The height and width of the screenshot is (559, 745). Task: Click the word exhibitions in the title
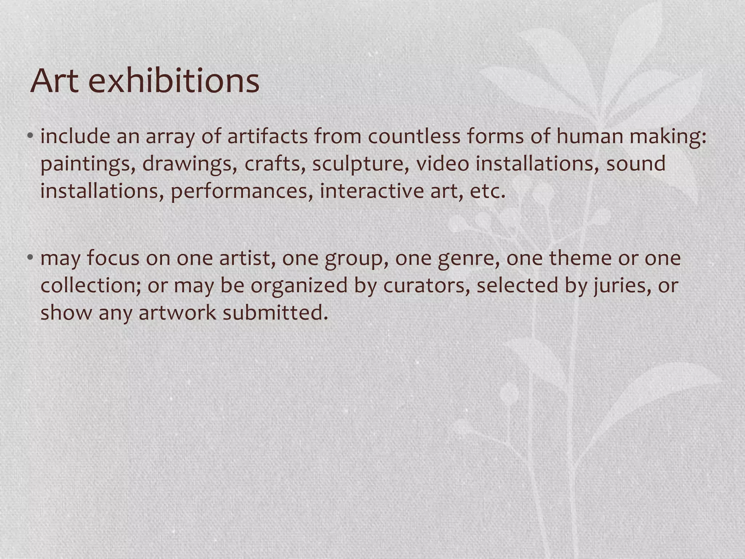click(x=174, y=81)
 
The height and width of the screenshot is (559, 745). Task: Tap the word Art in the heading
click(x=55, y=81)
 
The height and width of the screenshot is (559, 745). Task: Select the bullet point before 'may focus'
click(x=30, y=258)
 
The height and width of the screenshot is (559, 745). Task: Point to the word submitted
click(x=275, y=313)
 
